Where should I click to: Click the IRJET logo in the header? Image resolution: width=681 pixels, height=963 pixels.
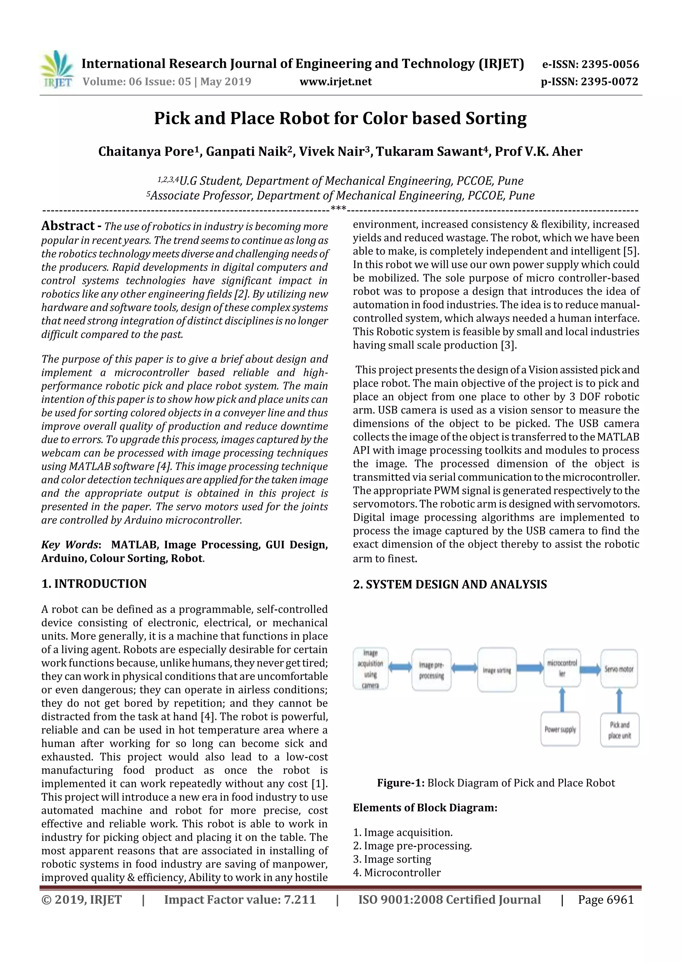(57, 69)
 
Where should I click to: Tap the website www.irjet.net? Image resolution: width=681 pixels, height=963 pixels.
(335, 82)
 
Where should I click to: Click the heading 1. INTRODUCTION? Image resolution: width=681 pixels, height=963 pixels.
(94, 583)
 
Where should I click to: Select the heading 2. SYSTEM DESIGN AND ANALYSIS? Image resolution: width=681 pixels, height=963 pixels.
(450, 584)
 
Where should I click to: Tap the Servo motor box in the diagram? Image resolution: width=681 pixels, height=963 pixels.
(619, 669)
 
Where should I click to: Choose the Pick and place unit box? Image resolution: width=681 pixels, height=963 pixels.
(619, 730)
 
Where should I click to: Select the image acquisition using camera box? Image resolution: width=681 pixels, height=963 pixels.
(370, 669)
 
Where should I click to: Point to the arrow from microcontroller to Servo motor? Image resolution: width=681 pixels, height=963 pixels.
(590, 669)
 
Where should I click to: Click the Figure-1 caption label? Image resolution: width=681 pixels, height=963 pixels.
(401, 782)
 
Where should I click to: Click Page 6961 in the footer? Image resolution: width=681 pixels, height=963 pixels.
(606, 899)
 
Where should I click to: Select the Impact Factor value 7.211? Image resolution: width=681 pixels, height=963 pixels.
(240, 899)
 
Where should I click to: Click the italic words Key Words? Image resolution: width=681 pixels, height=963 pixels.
(69, 544)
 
